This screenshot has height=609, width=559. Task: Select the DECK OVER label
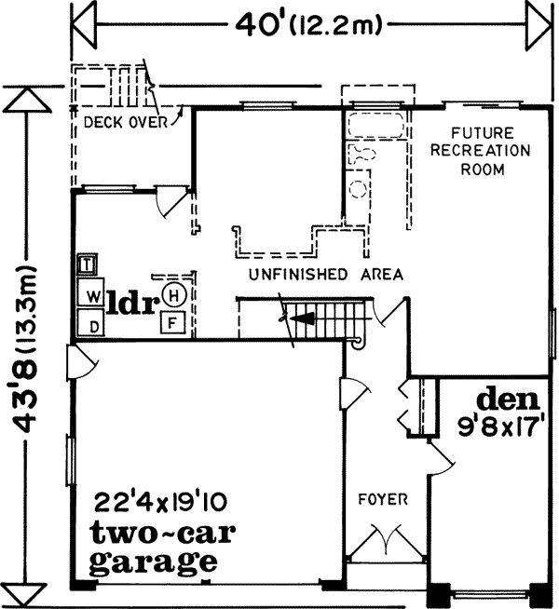click(124, 120)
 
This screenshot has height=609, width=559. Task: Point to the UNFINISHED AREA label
click(325, 275)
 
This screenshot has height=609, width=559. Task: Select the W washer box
click(92, 296)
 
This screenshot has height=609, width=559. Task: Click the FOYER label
click(384, 500)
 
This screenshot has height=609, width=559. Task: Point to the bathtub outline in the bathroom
click(375, 124)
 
